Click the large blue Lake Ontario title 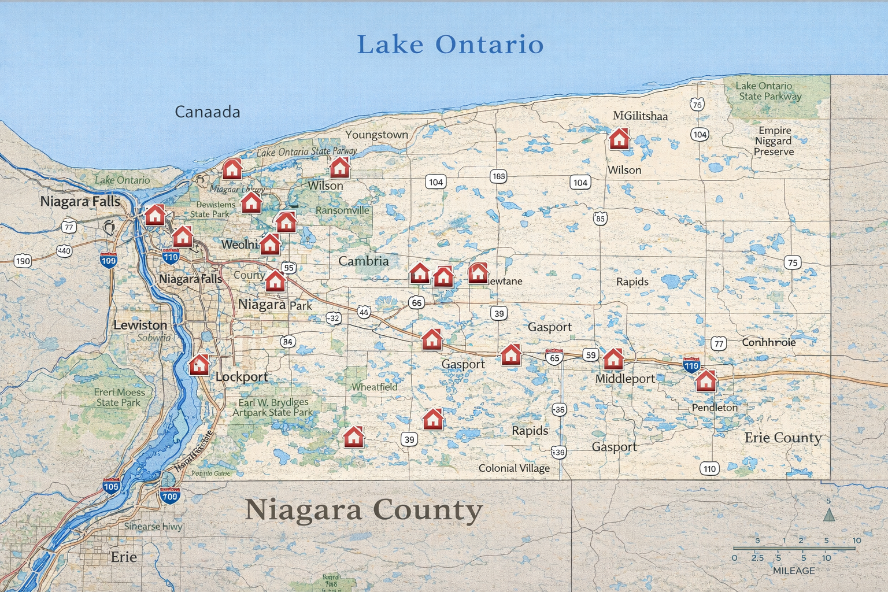[x=450, y=45]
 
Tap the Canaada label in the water [x=208, y=112]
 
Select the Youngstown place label [x=376, y=135]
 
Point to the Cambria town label [x=363, y=261]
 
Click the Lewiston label [x=140, y=325]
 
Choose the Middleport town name [x=625, y=379]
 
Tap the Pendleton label [x=715, y=408]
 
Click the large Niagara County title [x=363, y=510]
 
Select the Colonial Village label [x=514, y=468]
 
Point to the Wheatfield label [x=374, y=387]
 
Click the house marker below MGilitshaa [x=619, y=139]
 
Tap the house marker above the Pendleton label [x=706, y=381]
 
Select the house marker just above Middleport [x=613, y=359]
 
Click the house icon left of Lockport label [x=199, y=365]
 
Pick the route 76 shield [x=697, y=105]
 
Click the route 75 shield [x=792, y=262]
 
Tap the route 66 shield [x=416, y=302]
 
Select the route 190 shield [x=23, y=261]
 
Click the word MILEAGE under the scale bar [x=793, y=571]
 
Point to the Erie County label [x=783, y=438]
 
